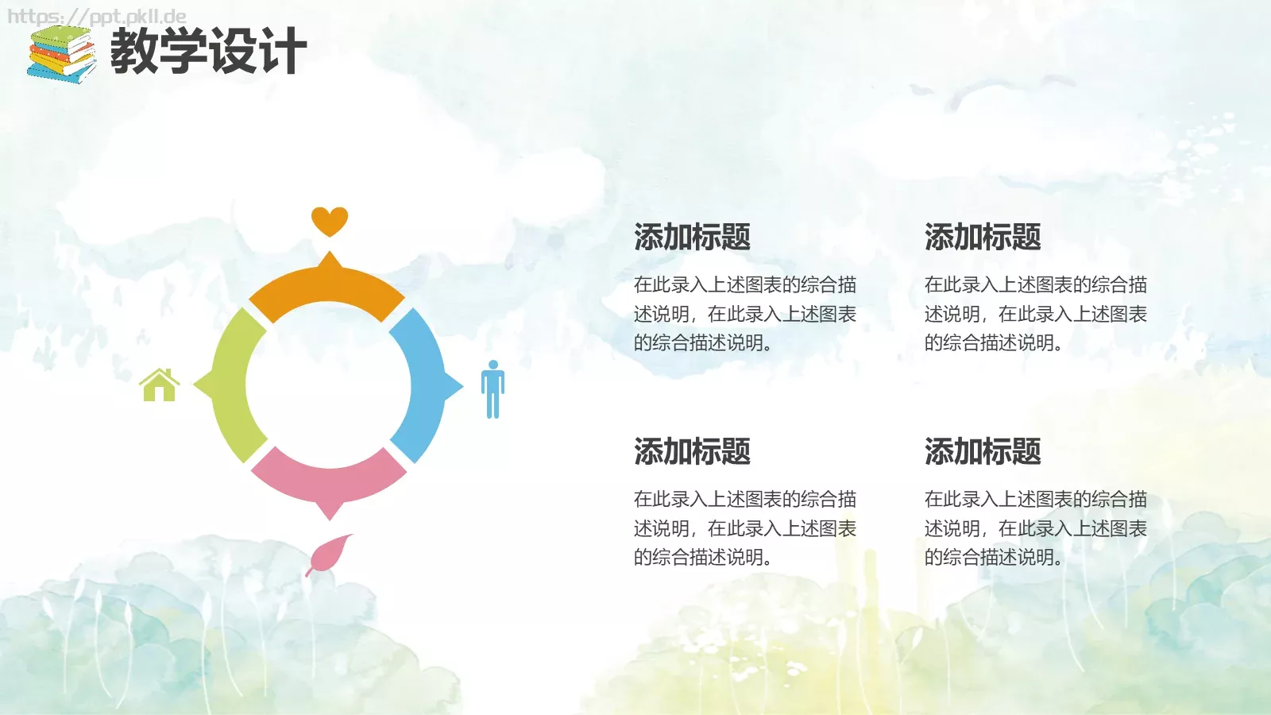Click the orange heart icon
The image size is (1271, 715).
[x=330, y=220]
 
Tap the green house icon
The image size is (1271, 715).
[x=160, y=385]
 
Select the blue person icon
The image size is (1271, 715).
[x=493, y=388]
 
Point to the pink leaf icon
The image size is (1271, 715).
[x=329, y=554]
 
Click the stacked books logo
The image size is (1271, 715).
[x=61, y=54]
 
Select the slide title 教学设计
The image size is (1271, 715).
[x=208, y=51]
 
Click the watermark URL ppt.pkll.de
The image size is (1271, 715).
[x=97, y=17]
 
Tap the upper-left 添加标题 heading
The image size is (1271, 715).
[x=692, y=237]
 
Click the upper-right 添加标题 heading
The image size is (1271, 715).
[x=983, y=237]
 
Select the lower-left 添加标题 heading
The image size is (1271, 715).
[x=692, y=451]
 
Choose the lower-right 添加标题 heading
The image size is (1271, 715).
[x=983, y=451]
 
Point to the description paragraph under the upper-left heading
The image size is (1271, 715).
[x=744, y=314]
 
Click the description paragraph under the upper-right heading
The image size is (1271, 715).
[x=1035, y=314]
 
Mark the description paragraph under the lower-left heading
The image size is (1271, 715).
[x=744, y=528]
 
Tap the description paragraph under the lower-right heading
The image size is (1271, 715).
[x=1035, y=528]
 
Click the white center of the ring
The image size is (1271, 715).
[x=328, y=385]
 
